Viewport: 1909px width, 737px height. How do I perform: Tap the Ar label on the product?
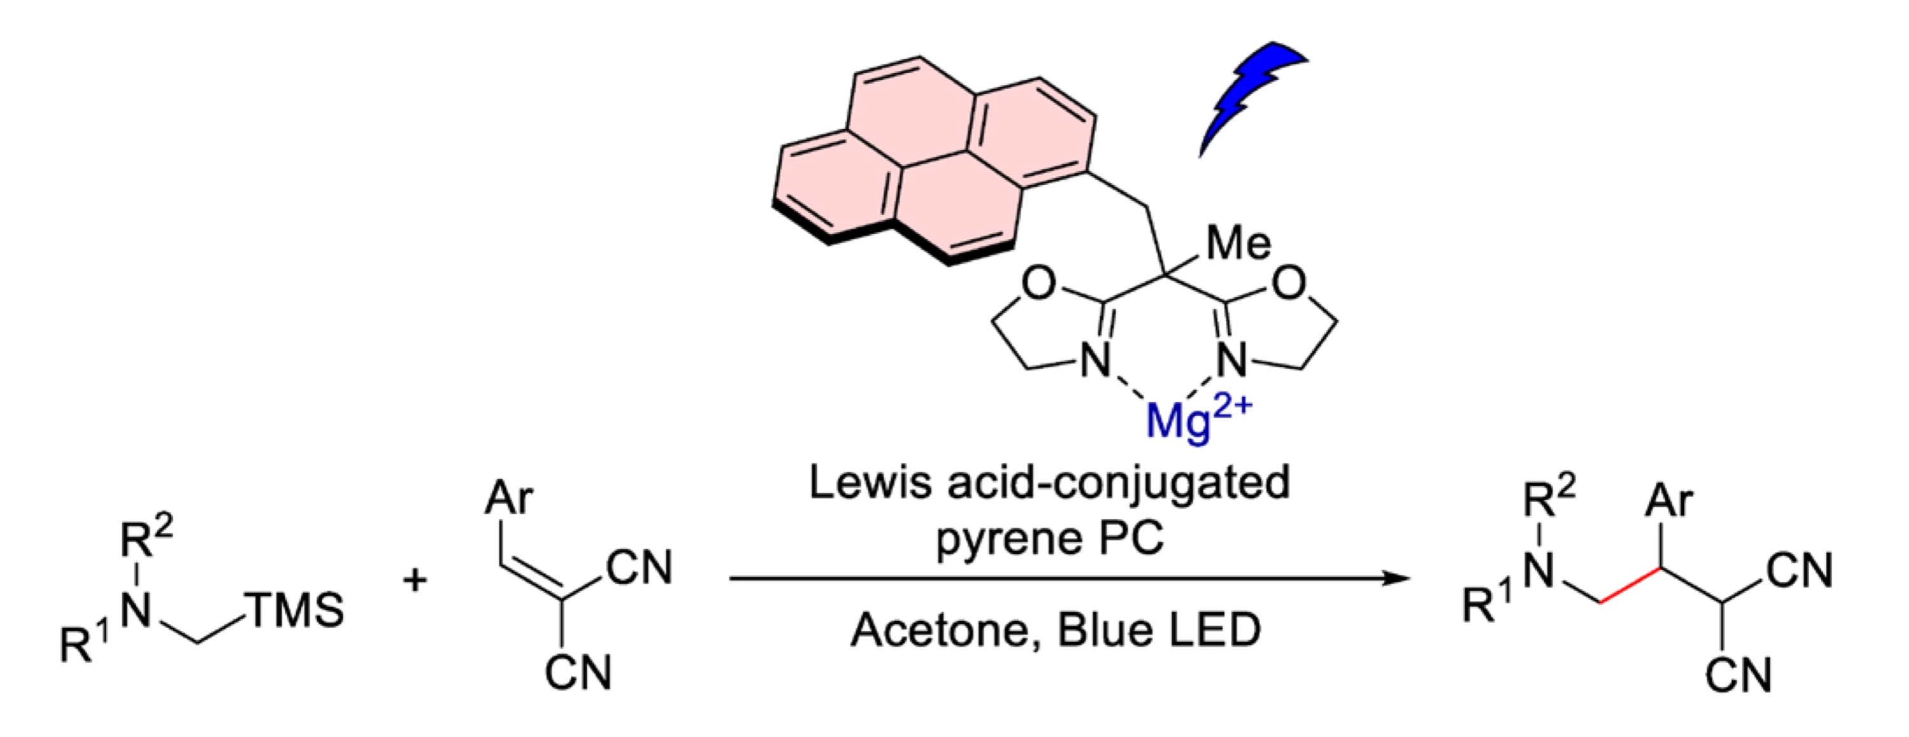pyautogui.click(x=1669, y=502)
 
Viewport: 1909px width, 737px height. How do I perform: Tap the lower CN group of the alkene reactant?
pyautogui.click(x=579, y=673)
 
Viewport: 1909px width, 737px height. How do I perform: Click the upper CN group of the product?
pyautogui.click(x=1800, y=572)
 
